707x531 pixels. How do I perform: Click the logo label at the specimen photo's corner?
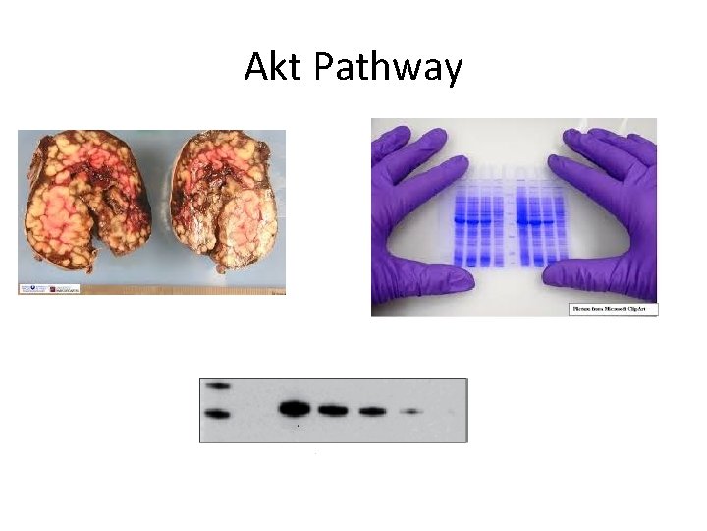47,288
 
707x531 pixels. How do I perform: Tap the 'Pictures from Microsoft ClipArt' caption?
614,309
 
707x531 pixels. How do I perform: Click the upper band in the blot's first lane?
218,385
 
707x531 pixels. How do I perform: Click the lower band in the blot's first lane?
218,414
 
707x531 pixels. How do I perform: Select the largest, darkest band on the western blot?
295,408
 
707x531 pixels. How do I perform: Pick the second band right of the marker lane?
333,410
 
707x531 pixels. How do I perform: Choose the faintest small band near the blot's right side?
412,411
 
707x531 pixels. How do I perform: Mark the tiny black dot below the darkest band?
299,426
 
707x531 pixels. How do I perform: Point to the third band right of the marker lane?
371,411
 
